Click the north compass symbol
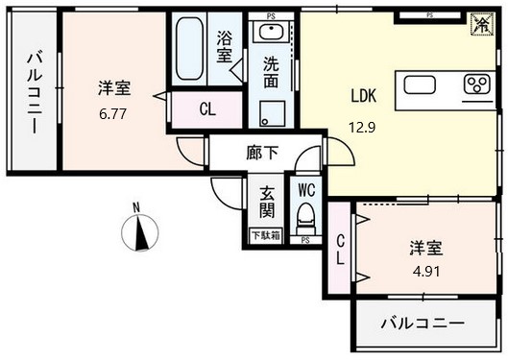(141, 229)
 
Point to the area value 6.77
(112, 113)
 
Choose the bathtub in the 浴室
(190, 52)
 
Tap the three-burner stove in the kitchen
(476, 85)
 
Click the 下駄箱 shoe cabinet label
(266, 235)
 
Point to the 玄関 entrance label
(266, 202)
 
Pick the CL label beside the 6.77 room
(206, 108)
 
